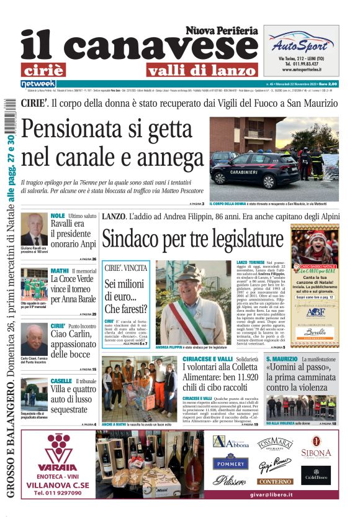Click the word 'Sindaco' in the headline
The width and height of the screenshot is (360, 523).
(x=135, y=239)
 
